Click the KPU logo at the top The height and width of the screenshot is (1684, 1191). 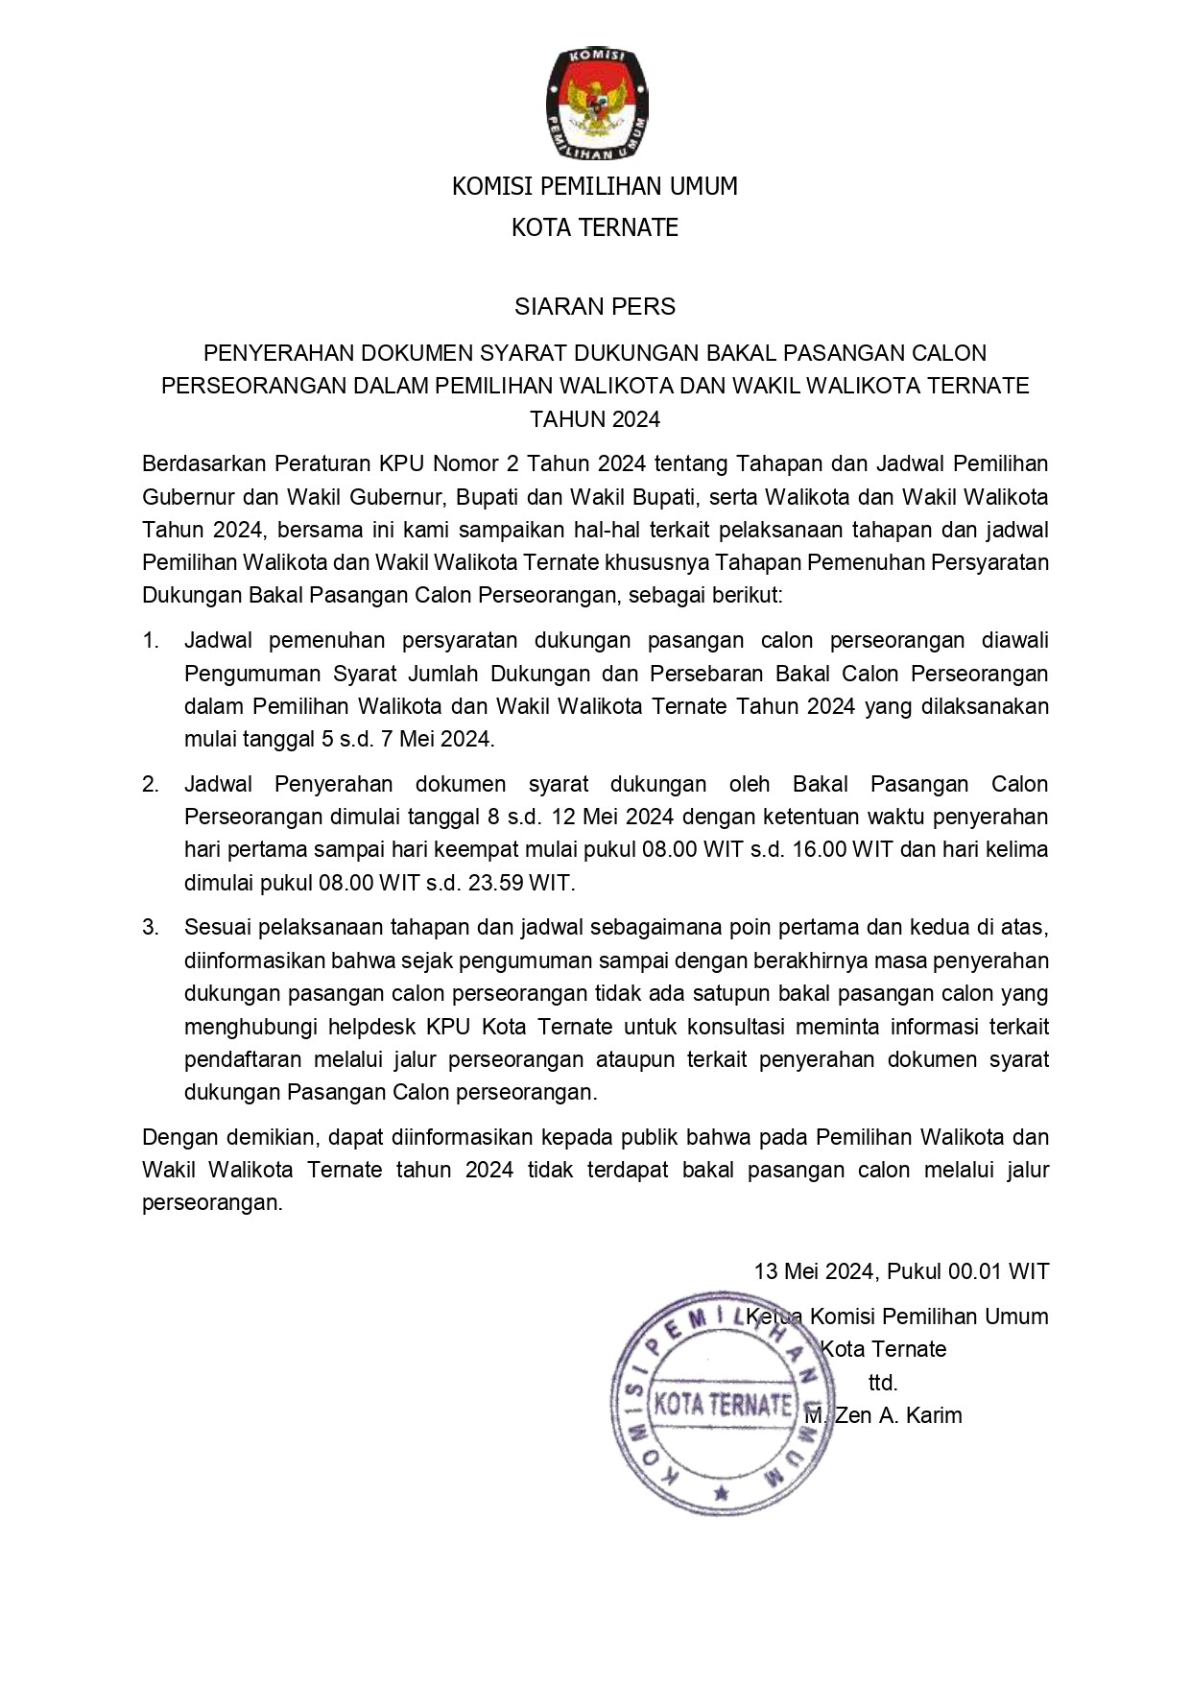[595, 105]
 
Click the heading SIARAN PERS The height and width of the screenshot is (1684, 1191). [595, 307]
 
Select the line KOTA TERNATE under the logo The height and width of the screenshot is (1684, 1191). [595, 228]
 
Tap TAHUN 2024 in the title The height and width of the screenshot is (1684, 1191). [595, 419]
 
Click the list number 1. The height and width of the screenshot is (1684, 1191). [151, 641]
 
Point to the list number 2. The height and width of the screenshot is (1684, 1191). [151, 785]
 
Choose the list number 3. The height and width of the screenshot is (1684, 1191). [151, 928]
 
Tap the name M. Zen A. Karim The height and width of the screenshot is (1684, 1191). [883, 1415]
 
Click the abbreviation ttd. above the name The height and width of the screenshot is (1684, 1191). [883, 1383]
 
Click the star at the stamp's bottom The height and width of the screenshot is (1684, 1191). [722, 1494]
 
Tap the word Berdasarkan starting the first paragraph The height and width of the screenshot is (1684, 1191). [202, 464]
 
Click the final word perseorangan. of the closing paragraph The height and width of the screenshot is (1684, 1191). [212, 1203]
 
